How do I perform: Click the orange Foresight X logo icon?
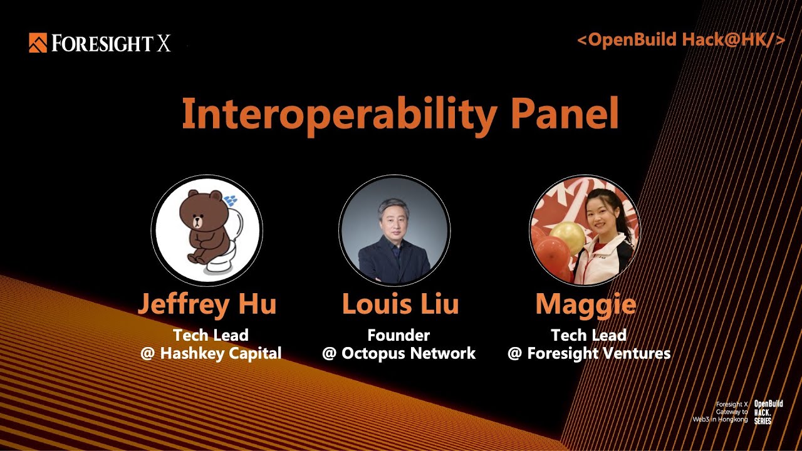click(38, 43)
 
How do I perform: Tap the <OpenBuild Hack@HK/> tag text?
click(680, 40)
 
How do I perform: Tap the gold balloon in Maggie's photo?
click(567, 237)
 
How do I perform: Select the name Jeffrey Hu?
click(207, 304)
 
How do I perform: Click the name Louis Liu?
click(400, 304)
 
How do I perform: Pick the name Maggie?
click(585, 304)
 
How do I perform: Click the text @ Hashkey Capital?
click(211, 353)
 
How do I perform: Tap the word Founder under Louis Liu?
click(398, 335)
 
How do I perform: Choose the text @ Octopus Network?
click(399, 353)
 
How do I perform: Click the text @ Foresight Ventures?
click(589, 353)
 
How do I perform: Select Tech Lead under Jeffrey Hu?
click(211, 335)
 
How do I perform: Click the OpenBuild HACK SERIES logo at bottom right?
click(768, 412)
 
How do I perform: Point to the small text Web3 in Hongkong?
click(720, 419)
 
